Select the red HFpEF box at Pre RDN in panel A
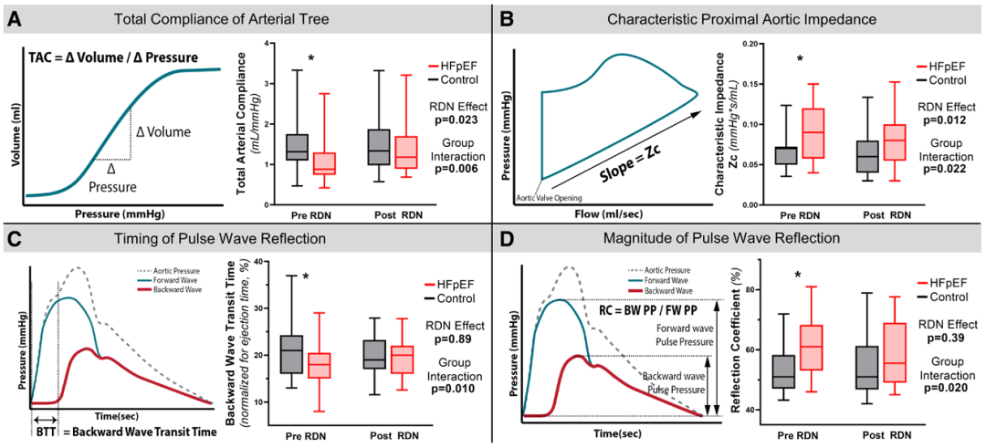point(326,163)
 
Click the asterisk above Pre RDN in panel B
point(800,59)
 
